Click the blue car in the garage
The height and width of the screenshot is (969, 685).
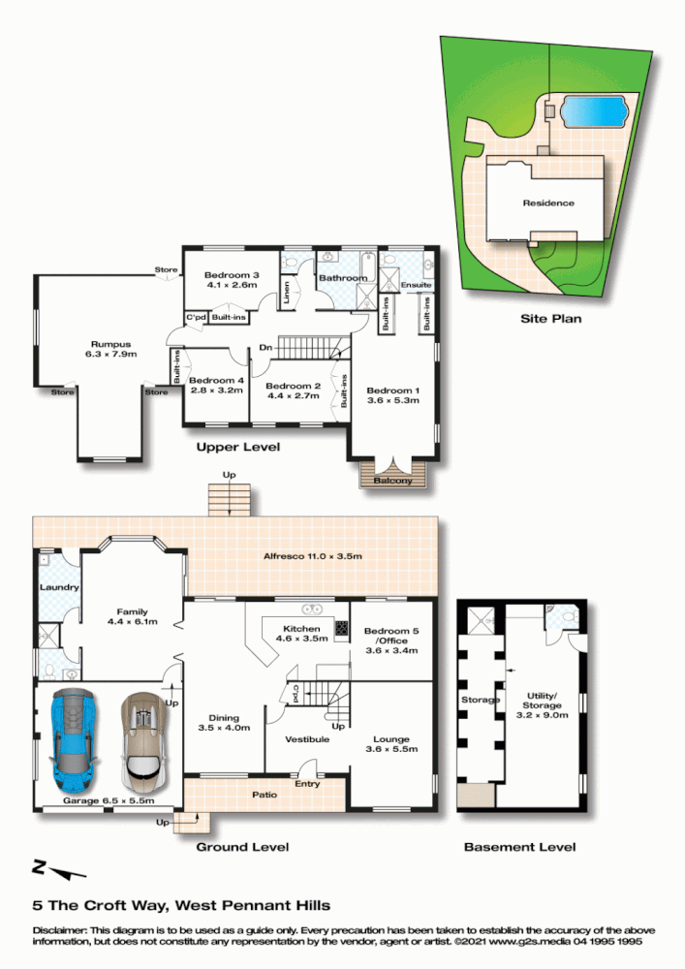pyautogui.click(x=74, y=738)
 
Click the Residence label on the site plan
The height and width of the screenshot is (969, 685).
pyautogui.click(x=548, y=203)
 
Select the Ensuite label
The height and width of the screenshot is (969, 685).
pyautogui.click(x=416, y=285)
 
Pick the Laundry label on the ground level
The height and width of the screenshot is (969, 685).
pyautogui.click(x=58, y=587)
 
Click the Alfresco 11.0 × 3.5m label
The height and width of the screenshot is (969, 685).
pyautogui.click(x=313, y=556)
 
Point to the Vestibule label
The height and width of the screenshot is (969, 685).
pyautogui.click(x=307, y=739)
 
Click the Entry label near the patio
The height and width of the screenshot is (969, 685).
pyautogui.click(x=307, y=784)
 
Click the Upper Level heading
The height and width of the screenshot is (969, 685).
pyautogui.click(x=237, y=448)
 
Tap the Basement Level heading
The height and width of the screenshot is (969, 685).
pyautogui.click(x=519, y=847)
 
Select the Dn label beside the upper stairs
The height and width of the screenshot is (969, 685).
pyautogui.click(x=264, y=348)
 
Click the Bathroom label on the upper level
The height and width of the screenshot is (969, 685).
pyautogui.click(x=343, y=278)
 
